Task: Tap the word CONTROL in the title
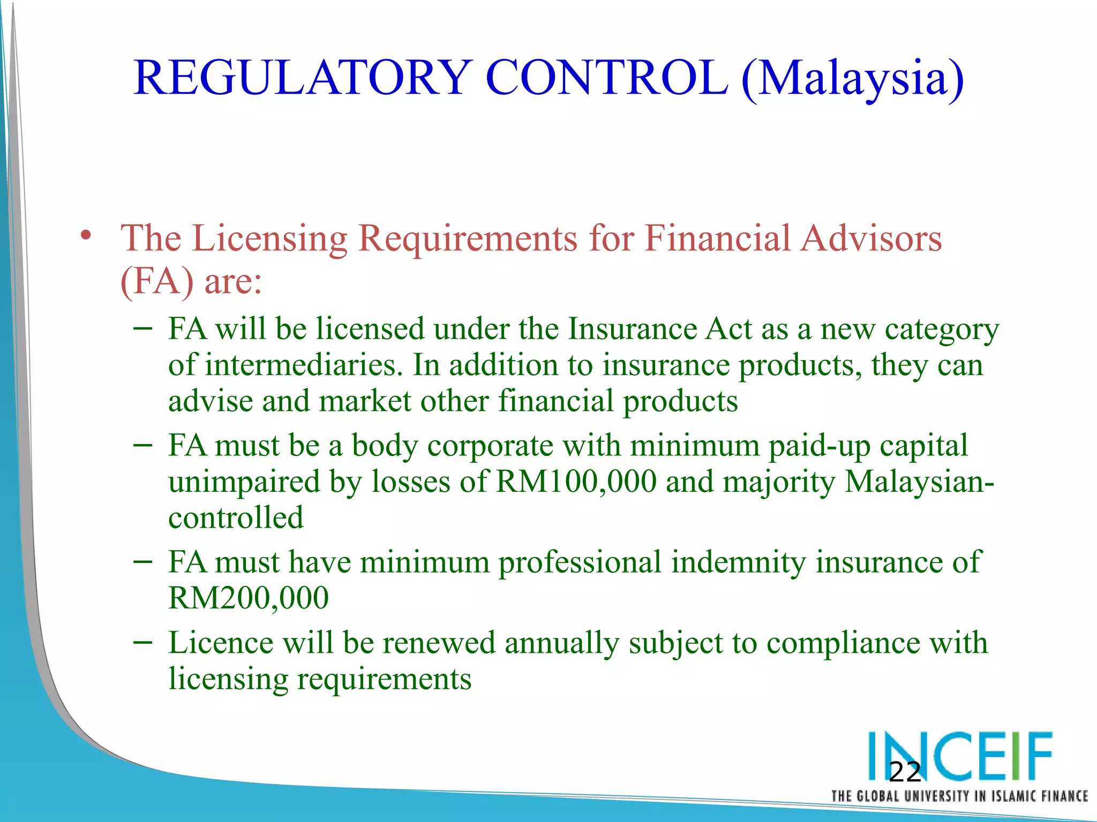(606, 78)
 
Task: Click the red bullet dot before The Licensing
(86, 235)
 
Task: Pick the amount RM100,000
(576, 481)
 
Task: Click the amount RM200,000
(248, 598)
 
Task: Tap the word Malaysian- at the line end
(919, 481)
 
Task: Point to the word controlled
(236, 517)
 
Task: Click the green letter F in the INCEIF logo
(1037, 756)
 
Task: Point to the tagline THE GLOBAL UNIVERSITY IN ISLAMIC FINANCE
(959, 796)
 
